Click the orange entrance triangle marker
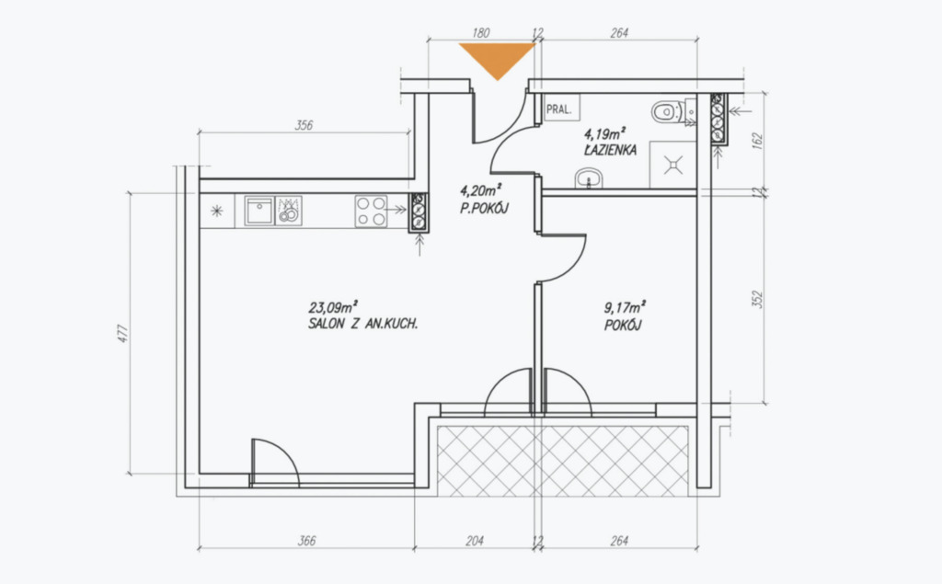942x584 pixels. [497, 58]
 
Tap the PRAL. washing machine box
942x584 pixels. [560, 109]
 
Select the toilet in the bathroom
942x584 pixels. [667, 111]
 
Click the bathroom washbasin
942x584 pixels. [589, 178]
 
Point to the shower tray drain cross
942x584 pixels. [673, 164]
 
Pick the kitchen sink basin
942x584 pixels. [259, 211]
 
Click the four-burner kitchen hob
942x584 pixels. [371, 211]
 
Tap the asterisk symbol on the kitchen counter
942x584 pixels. [217, 211]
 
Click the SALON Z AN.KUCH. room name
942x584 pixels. [362, 324]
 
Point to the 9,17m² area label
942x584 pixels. [625, 307]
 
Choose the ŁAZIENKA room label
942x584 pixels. [610, 150]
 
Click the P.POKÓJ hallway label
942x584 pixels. [484, 209]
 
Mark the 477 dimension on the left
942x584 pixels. [122, 334]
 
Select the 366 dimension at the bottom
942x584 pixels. [306, 541]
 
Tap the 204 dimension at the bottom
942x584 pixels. [475, 541]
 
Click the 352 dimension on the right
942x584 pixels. [757, 299]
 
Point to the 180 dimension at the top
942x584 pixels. [480, 32]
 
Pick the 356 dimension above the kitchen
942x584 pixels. [304, 125]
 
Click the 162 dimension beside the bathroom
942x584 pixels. [757, 142]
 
